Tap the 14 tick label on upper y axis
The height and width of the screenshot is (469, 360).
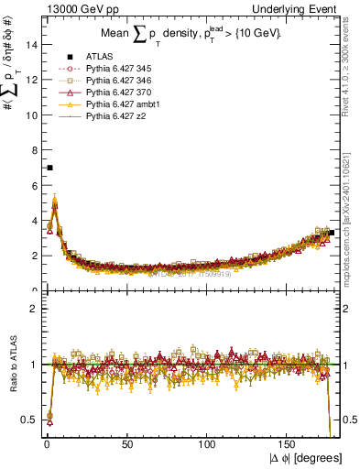click(29, 44)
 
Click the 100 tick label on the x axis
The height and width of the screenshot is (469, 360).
click(209, 444)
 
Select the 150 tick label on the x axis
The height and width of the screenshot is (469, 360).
click(289, 444)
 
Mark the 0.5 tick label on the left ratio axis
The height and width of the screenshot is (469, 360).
click(27, 420)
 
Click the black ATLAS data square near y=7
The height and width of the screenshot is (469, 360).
click(49, 168)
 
